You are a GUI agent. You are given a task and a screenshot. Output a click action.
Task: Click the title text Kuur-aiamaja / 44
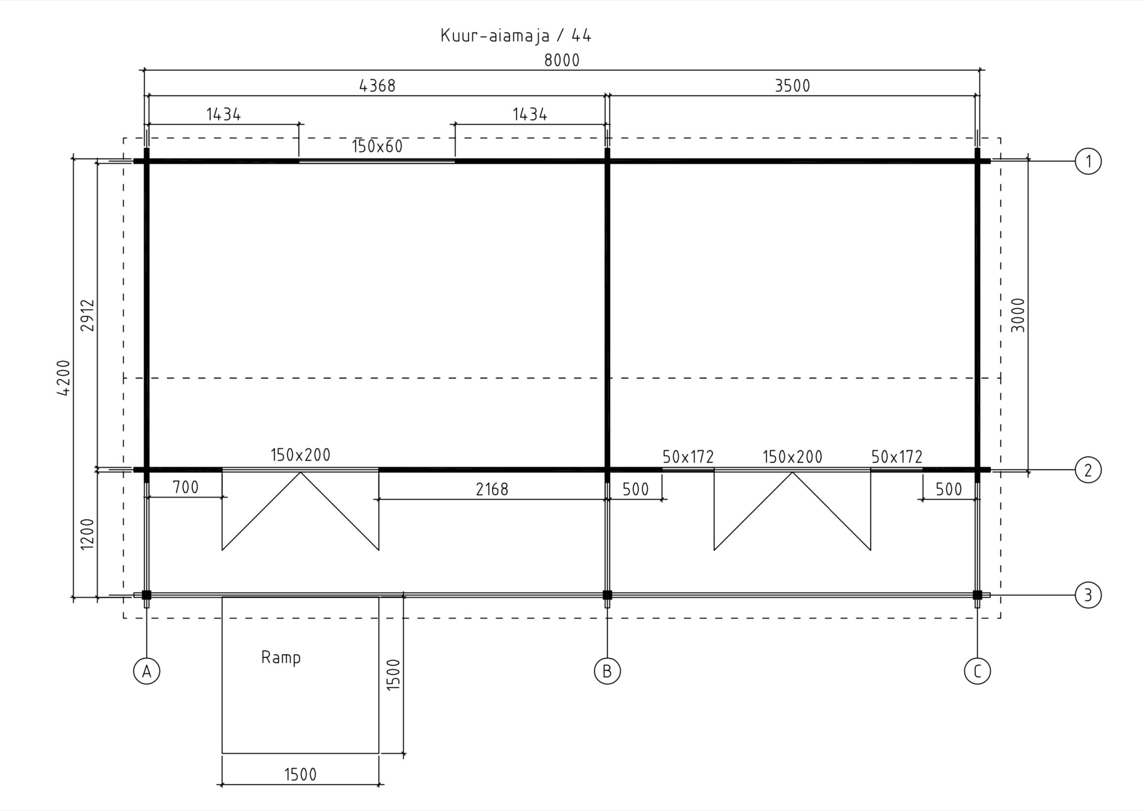coord(516,36)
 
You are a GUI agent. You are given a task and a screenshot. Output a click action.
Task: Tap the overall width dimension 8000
coord(562,60)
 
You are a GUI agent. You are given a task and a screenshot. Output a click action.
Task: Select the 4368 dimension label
coord(377,86)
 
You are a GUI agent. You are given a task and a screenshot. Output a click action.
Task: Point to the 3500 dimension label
coord(792,86)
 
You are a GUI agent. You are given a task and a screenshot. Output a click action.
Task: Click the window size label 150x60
coord(377,146)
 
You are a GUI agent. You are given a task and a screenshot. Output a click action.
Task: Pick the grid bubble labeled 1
coord(1088,161)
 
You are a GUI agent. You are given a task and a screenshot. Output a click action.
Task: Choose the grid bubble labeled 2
coord(1088,470)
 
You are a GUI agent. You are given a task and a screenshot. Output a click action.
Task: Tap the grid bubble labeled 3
coord(1088,595)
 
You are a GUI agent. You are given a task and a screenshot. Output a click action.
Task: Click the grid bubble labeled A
coord(147,672)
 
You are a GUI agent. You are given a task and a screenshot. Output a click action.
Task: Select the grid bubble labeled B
coord(607,672)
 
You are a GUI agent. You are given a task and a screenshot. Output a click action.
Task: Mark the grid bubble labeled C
coord(977,672)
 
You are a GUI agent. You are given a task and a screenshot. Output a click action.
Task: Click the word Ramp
coord(281,658)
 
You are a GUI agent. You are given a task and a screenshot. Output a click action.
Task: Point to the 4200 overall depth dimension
coord(64,377)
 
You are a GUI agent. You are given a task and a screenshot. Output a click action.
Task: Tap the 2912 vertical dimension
coord(88,316)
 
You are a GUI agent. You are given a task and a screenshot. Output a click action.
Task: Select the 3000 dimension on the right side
coord(1018,315)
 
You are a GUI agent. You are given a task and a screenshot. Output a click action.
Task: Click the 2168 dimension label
coord(492,489)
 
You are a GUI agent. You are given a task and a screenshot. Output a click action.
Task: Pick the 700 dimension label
coord(185,487)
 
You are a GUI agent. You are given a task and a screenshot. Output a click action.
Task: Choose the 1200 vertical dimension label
coord(88,534)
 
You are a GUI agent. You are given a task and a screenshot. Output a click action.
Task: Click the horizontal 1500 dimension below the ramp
coord(300,775)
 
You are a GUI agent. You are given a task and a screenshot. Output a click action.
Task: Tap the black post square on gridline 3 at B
coord(607,595)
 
